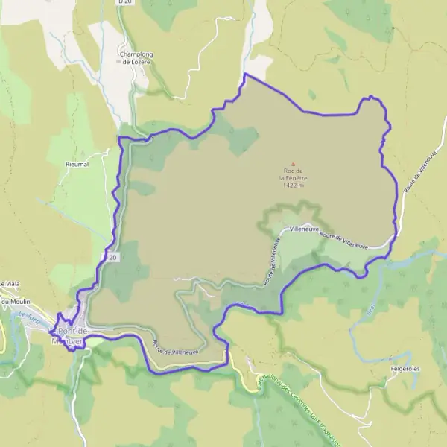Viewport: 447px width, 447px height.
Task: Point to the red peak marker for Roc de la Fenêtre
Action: click(293, 165)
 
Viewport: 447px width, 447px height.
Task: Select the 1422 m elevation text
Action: click(293, 186)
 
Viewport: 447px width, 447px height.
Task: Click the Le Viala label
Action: click(10, 284)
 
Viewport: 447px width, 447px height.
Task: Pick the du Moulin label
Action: click(13, 302)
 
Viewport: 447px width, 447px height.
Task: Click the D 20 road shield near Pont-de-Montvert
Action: click(110, 257)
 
